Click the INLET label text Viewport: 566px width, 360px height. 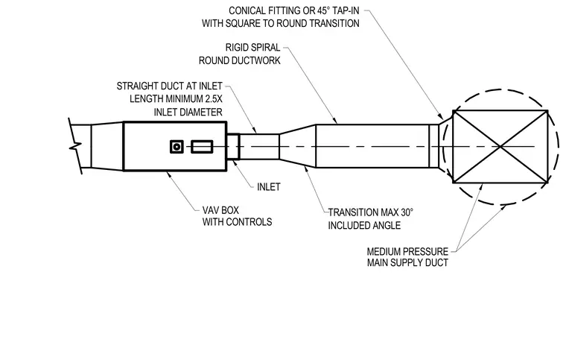[269, 186]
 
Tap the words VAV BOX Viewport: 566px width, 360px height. [220, 210]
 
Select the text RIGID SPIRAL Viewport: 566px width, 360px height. [252, 47]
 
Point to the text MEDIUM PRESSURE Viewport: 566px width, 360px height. [407, 251]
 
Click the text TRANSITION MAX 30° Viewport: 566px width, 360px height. [371, 212]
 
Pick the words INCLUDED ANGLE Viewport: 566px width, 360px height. [364, 225]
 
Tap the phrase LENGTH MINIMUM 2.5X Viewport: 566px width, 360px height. [177, 98]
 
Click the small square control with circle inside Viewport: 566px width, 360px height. [177, 147]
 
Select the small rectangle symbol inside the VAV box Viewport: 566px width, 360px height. [202, 147]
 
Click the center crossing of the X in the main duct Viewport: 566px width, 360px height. [500, 147]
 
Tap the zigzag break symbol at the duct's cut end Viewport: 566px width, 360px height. [75, 146]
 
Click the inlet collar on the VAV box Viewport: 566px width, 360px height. [233, 146]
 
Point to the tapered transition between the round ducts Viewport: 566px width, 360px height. [297, 146]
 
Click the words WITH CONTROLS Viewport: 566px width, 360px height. [237, 221]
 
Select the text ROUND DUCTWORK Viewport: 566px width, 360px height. [240, 60]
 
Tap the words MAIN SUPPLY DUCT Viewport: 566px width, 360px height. [407, 262]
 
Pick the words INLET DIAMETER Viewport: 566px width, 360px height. [188, 112]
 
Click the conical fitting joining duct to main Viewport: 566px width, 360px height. [445, 146]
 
